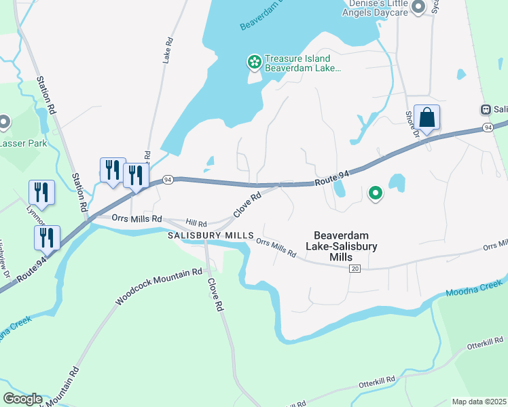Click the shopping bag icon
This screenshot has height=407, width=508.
click(x=427, y=118)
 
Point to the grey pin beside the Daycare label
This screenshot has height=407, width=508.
click(x=418, y=7)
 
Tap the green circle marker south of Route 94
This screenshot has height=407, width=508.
click(x=375, y=195)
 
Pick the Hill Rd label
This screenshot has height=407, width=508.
click(x=196, y=222)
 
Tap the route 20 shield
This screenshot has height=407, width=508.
click(x=355, y=269)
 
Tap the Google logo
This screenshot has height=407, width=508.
click(x=22, y=399)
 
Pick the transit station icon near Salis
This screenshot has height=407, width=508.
click(x=486, y=109)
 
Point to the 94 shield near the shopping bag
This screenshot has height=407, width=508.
click(x=488, y=127)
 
